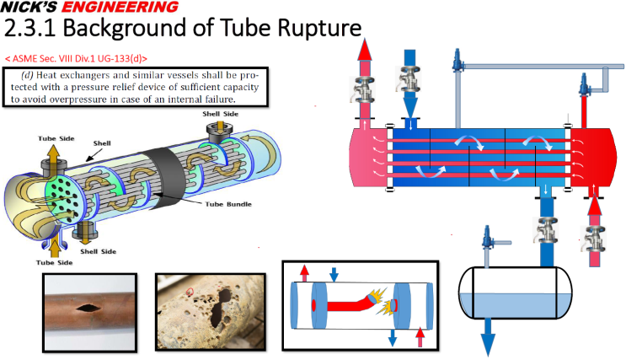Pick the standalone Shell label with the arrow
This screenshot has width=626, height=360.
tap(100, 144)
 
